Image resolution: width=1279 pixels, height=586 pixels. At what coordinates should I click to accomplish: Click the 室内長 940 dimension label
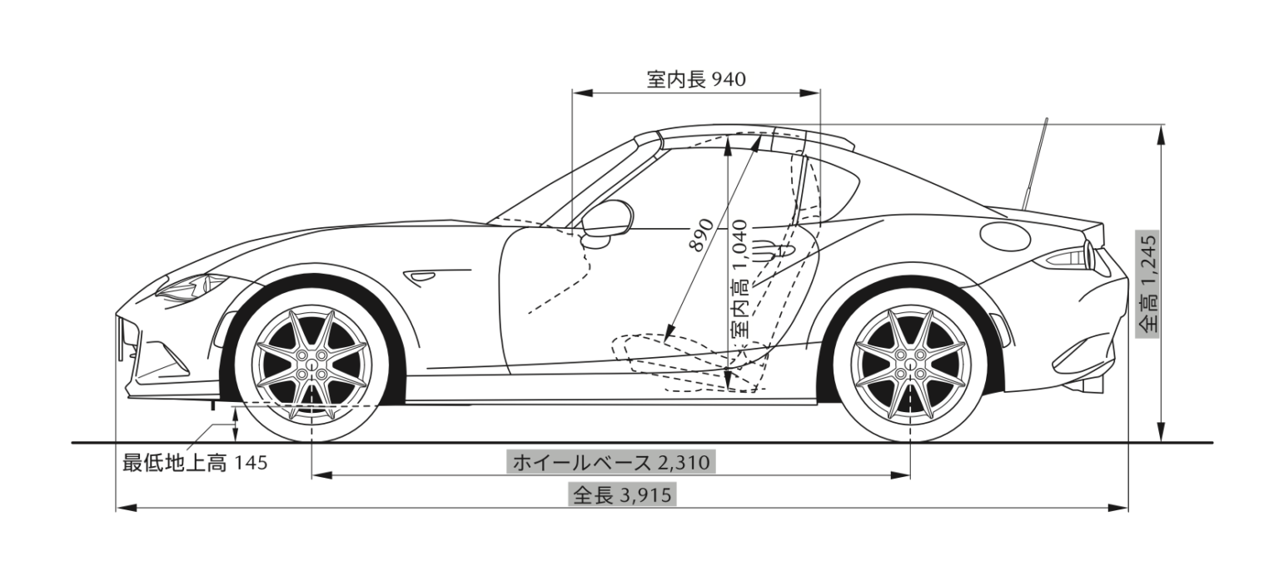pos(696,79)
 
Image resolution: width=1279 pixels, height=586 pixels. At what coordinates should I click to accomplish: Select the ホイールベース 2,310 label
pos(611,462)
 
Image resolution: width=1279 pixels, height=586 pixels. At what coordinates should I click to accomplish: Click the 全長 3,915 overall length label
pos(622,495)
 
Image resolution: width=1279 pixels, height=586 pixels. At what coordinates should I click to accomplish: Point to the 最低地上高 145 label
pos(195,463)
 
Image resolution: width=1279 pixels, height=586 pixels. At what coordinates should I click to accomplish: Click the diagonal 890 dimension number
pos(700,236)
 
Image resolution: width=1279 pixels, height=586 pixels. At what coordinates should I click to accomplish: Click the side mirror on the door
pos(607,220)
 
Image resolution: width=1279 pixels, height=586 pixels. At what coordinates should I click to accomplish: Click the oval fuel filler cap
pos(1005,236)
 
